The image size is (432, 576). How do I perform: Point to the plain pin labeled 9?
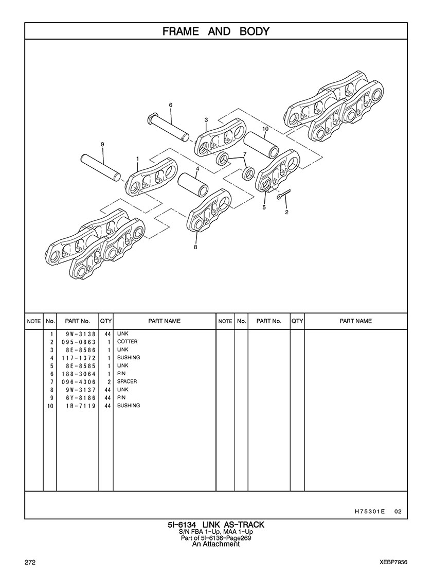(101, 167)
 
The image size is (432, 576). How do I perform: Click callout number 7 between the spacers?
(245, 154)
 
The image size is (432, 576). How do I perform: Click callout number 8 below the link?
(195, 247)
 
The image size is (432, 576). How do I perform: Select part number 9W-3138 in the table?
(81, 334)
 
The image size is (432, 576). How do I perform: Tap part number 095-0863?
(79, 342)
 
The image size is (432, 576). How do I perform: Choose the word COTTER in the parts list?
(128, 342)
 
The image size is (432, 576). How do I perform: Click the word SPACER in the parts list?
(127, 381)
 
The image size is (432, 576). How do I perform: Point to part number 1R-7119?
(81, 406)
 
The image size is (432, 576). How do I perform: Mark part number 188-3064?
(79, 374)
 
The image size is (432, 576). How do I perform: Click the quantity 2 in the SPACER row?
(109, 382)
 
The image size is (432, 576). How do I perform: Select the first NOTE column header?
(34, 321)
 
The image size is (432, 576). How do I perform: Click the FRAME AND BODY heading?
(216, 31)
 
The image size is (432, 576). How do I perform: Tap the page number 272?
(30, 563)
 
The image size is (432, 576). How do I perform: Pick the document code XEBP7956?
(394, 563)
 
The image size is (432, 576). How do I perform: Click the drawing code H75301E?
(370, 511)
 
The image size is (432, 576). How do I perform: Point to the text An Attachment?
(216, 544)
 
